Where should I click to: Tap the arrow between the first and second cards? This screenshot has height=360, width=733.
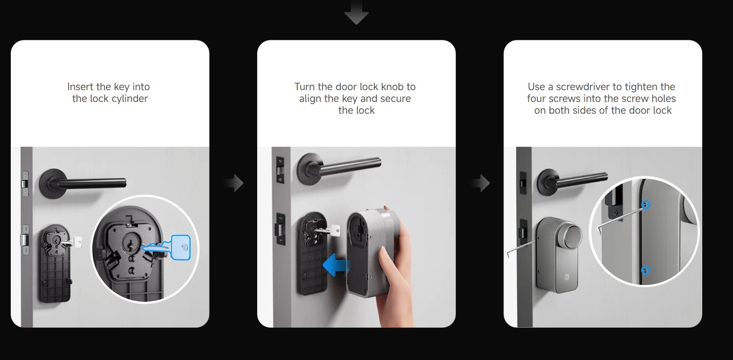click(x=234, y=183)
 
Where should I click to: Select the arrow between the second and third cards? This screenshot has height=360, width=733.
click(x=480, y=183)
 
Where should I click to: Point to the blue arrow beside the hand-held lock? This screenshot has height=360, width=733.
click(x=337, y=264)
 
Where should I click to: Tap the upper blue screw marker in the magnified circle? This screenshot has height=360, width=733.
click(x=645, y=205)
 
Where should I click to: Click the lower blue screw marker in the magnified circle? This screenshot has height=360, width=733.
click(x=645, y=270)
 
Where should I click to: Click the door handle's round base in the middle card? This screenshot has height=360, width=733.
click(x=309, y=170)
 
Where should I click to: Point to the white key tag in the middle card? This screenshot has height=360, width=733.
click(x=335, y=230)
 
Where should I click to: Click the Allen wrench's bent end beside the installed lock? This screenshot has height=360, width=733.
click(x=508, y=253)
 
